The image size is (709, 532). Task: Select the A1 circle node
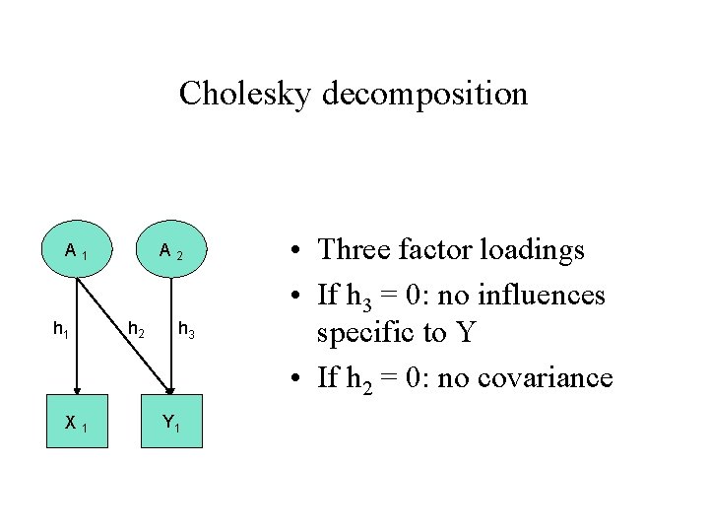[x=74, y=255]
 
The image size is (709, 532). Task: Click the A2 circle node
[x=171, y=255]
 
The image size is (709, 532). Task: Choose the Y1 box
[x=171, y=422]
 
